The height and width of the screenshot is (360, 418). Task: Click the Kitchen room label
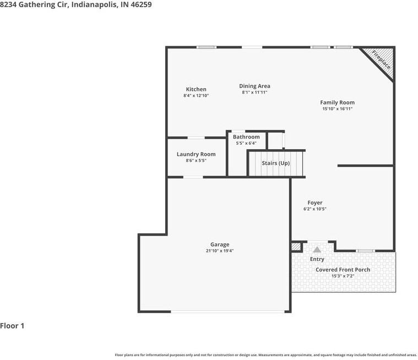[196, 89]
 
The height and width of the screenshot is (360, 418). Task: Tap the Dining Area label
[254, 86]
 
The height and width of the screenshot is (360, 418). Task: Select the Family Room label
[337, 102]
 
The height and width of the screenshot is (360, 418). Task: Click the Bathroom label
[246, 137]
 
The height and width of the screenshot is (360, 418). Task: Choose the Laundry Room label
[196, 154]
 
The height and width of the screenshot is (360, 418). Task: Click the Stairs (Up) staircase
[276, 163]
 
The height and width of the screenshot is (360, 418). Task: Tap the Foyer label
[315, 203]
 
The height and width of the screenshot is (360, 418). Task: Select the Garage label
[220, 244]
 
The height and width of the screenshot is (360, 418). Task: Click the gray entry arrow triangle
[317, 250]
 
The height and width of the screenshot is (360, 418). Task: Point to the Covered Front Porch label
[343, 270]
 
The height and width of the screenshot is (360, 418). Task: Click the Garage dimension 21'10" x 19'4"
[220, 251]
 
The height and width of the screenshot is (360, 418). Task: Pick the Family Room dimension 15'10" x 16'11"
[337, 109]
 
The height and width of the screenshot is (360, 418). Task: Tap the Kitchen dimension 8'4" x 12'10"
[196, 95]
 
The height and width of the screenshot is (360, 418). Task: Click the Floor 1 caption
[12, 326]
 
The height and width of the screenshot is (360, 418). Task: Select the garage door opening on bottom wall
[227, 311]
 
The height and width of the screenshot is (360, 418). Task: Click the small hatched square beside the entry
[296, 247]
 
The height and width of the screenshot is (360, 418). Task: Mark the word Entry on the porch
[317, 259]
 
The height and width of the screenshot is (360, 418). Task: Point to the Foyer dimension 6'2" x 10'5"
[315, 209]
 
